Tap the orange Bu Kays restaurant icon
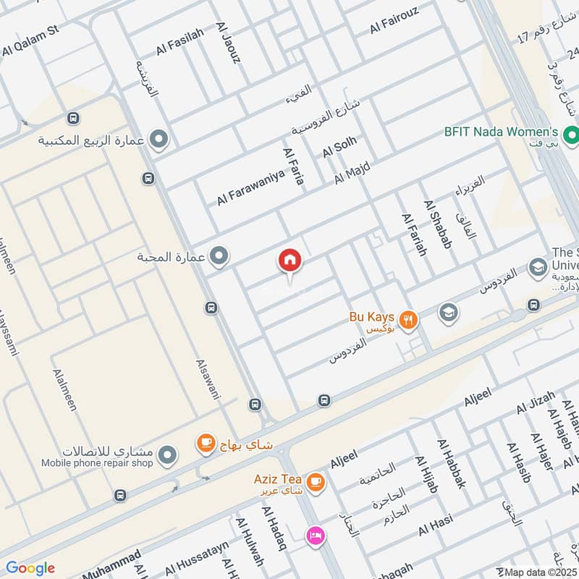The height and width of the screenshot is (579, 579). tap(409, 320)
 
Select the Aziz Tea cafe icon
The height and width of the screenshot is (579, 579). tap(315, 481)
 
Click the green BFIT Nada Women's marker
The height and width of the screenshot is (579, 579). tap(570, 134)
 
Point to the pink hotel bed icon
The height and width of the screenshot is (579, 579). tap(316, 536)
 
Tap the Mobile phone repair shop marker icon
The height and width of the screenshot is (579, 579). tap(168, 455)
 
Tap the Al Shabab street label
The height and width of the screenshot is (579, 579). tap(438, 225)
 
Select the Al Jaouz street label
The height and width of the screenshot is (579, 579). tap(227, 43)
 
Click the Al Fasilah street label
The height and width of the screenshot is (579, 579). tap(180, 42)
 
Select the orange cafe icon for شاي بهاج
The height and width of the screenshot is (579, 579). tap(206, 444)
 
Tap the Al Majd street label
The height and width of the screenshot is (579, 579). tap(352, 174)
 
